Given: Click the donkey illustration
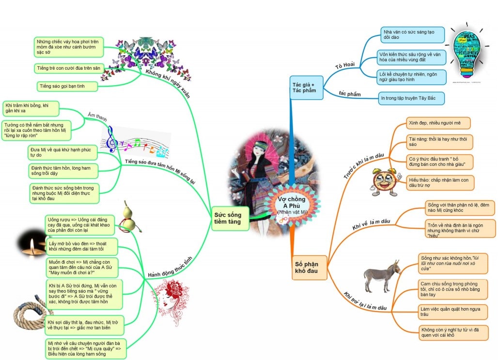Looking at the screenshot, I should (x=382, y=276).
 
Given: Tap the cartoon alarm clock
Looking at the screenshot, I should (x=384, y=181).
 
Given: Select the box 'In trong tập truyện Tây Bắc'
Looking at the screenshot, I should (x=411, y=98).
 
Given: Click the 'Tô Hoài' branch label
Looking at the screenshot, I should (x=344, y=65).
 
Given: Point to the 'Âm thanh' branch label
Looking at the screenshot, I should (x=97, y=116).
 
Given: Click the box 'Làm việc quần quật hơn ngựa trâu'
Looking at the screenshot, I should (x=452, y=311).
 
